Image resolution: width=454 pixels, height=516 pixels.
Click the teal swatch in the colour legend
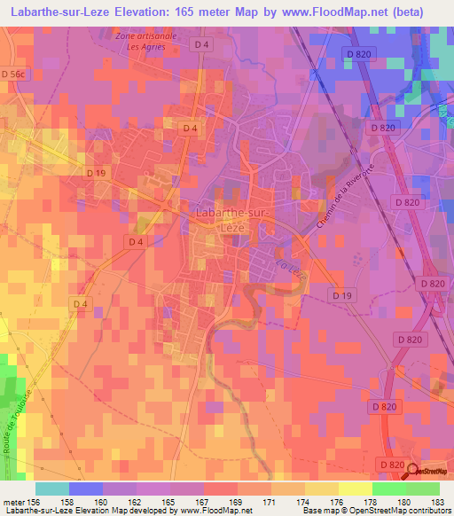click(x=51, y=489)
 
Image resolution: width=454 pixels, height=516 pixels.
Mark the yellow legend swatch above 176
click(x=321, y=489)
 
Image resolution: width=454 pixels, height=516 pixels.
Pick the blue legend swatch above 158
click(x=85, y=489)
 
